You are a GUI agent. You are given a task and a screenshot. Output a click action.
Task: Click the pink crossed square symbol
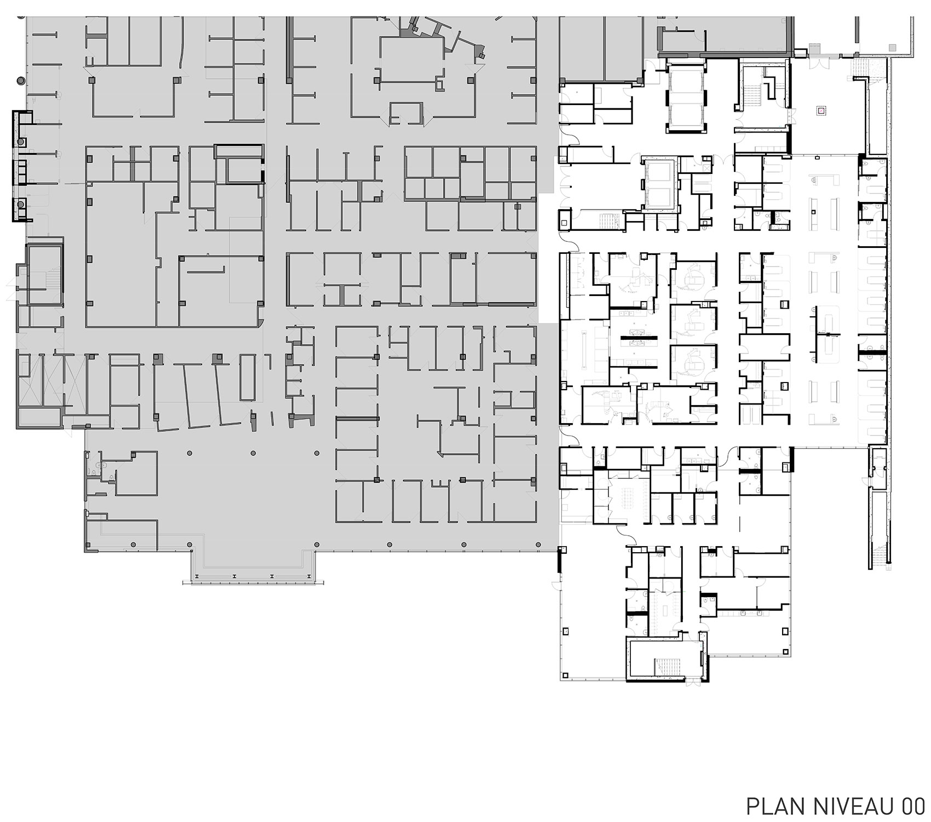tap(821, 110)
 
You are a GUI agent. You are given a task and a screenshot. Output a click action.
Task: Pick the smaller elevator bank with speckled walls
tap(660, 185)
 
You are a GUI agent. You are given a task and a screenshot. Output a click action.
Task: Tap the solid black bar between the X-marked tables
tap(636, 340)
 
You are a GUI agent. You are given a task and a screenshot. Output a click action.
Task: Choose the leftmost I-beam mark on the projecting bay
tap(234, 577)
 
